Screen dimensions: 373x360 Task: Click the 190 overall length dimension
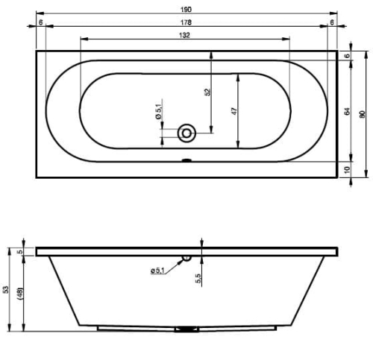coord(186,10)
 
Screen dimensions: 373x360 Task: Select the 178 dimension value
coord(186,22)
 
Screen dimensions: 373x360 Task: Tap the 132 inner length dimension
coord(184,35)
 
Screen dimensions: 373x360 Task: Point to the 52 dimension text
coord(207,92)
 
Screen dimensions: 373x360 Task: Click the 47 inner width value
coord(234,111)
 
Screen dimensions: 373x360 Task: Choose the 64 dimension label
coord(348,111)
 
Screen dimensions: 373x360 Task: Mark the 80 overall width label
coord(363,114)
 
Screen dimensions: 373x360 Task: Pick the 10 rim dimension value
coord(348,170)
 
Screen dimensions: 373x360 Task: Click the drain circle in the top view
coord(186,133)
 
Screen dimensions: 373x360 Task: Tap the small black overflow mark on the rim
coord(186,160)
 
